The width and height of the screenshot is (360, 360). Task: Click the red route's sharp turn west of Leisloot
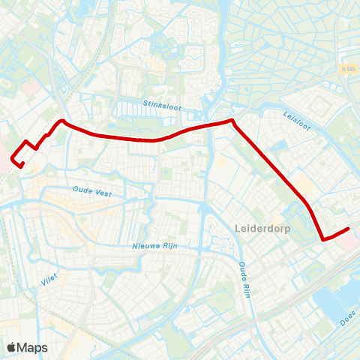pos(232,120)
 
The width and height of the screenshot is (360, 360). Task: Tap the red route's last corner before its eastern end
pos(324,239)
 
